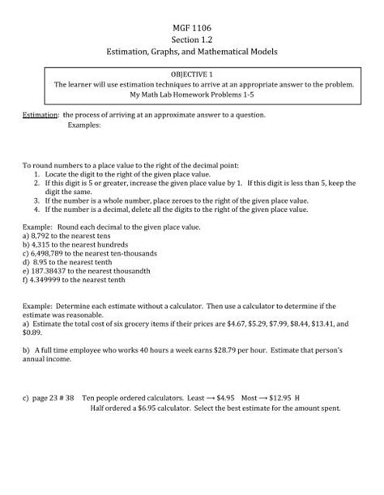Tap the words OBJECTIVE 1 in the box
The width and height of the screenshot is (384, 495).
pyautogui.click(x=192, y=73)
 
